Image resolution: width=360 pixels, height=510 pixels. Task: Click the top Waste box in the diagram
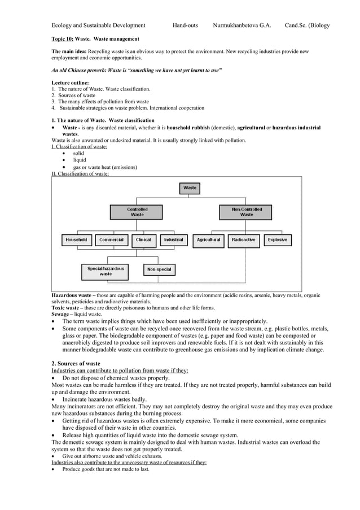[x=190, y=187]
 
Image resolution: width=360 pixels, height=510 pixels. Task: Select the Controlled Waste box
[x=137, y=212]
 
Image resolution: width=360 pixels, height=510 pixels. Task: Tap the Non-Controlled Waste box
[x=247, y=212]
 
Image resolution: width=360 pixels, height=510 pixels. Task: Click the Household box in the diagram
[x=76, y=240]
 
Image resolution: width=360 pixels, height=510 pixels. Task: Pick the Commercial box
[x=111, y=240]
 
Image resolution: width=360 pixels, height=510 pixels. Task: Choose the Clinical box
[x=143, y=240]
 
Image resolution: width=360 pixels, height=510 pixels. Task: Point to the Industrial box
[x=173, y=240]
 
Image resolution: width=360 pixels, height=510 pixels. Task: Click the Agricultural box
[x=208, y=240]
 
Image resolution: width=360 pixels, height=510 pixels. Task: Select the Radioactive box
[x=244, y=240]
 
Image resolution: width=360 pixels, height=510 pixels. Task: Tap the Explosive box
[x=277, y=240]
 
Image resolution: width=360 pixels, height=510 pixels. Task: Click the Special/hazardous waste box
[x=106, y=271]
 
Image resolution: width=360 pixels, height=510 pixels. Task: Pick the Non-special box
[x=159, y=269]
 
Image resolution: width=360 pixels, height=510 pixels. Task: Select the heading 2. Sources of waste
[x=76, y=363]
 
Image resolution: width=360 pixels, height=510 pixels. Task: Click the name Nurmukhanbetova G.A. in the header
[x=242, y=25]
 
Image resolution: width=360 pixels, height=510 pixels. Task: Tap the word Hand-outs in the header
[x=185, y=25]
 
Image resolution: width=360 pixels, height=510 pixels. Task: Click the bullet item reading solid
[x=78, y=153]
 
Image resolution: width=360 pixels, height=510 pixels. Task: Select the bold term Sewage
[x=61, y=314]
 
